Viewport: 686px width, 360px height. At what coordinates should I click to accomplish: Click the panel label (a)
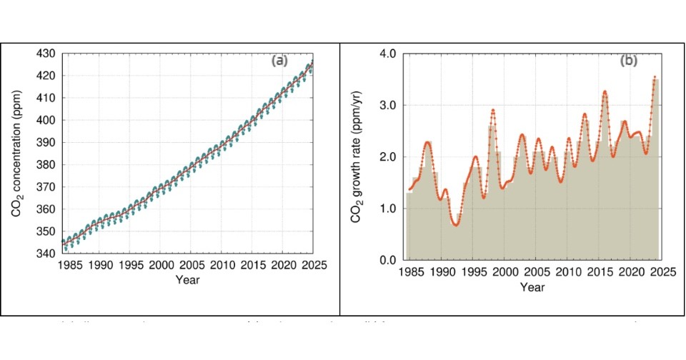pos(279,61)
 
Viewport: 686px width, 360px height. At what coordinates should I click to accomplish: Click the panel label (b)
pos(628,61)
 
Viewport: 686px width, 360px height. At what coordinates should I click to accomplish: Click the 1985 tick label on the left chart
pos(70,265)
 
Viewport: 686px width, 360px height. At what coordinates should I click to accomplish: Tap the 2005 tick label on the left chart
pos(192,265)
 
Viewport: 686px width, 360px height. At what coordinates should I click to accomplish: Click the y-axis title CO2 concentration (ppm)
pos(16,153)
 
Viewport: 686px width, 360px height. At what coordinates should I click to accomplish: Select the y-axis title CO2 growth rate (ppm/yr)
pos(355,155)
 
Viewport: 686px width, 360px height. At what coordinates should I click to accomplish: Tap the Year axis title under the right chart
pos(532,287)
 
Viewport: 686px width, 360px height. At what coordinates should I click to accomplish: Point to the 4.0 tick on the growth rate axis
pos(387,54)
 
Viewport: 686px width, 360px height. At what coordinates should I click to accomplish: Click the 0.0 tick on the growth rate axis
pos(387,260)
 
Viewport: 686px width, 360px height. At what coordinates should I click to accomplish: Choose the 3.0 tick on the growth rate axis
pos(387,105)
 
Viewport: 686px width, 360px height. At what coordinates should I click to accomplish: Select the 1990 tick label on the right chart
pos(441,272)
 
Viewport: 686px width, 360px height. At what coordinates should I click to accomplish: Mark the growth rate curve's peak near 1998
pos(493,110)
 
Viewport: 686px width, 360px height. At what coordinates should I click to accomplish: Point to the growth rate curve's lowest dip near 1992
pos(455,225)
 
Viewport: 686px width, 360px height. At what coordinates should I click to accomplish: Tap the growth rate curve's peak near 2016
pos(605,91)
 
